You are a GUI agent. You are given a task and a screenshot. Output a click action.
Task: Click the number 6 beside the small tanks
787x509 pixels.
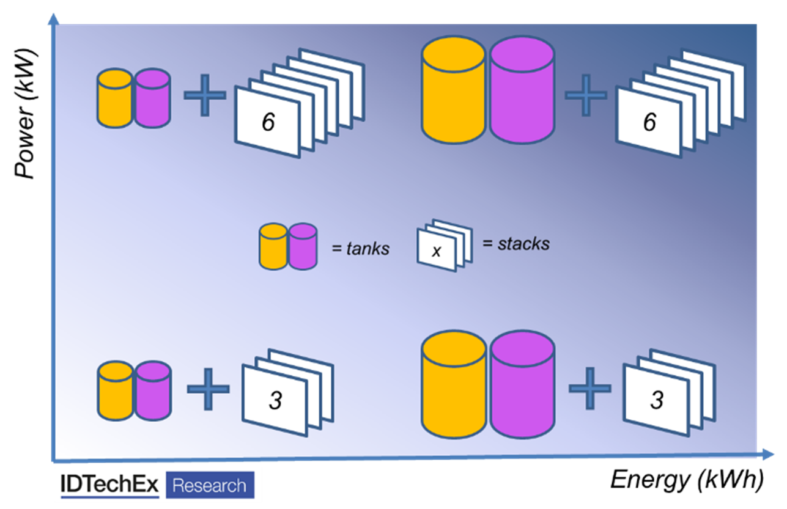pos(268,123)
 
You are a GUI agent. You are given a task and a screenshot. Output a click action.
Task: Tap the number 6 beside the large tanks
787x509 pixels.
pos(649,122)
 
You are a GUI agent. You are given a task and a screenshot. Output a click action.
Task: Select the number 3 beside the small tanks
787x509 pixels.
pos(275,401)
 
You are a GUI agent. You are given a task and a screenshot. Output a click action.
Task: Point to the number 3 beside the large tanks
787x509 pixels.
pos(657,400)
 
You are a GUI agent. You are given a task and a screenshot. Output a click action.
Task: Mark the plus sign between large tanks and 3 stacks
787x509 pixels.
pos(589,387)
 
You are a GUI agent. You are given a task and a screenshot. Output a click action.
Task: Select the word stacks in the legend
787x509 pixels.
pos(523,244)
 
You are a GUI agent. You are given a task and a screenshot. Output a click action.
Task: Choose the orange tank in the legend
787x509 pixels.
pos(273,246)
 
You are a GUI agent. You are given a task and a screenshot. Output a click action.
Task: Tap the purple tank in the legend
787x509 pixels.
pos(303,246)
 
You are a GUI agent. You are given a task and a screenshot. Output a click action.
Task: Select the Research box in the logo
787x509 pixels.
pos(209,486)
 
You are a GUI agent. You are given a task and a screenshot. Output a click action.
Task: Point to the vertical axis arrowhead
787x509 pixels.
pos(54,19)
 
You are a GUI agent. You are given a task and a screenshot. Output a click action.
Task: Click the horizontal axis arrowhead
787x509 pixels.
pos(769,454)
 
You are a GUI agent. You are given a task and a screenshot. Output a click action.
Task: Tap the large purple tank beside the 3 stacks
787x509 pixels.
pos(522,385)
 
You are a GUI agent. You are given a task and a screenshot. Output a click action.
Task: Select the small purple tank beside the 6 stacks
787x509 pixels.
pos(152,98)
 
